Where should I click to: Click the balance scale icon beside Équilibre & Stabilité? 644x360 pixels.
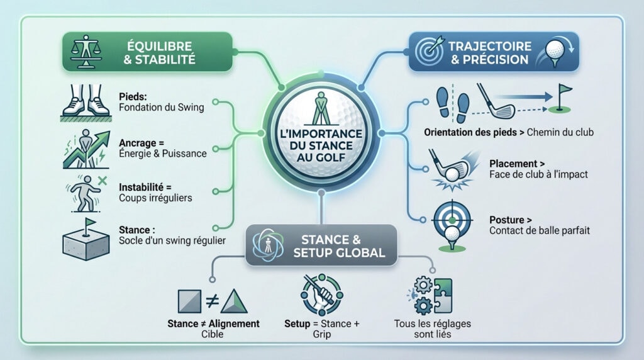click(x=86, y=52)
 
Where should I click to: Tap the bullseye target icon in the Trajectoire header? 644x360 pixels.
click(x=429, y=52)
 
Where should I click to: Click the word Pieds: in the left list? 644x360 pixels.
click(x=133, y=96)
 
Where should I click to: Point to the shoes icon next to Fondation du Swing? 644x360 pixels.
click(x=86, y=103)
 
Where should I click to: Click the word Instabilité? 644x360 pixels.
click(x=141, y=187)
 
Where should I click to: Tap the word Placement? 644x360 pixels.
click(x=513, y=164)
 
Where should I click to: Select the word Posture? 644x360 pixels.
click(x=507, y=220)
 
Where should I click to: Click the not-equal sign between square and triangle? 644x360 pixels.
click(x=212, y=301)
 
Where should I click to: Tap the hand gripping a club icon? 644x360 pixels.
click(x=321, y=295)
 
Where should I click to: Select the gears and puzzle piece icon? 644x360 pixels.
click(x=430, y=295)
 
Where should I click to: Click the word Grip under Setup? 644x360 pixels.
click(x=321, y=335)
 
